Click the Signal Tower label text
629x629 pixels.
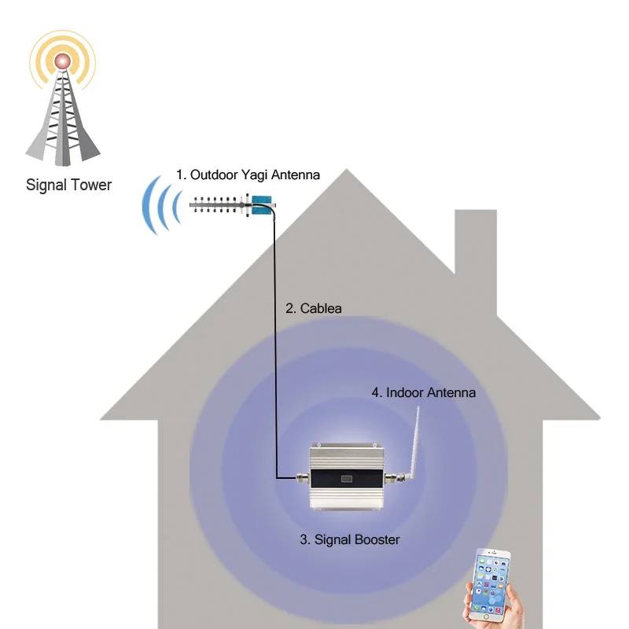pyautogui.click(x=69, y=186)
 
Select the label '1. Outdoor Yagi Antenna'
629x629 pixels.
pyautogui.click(x=248, y=175)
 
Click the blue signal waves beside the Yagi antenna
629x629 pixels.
pyautogui.click(x=160, y=206)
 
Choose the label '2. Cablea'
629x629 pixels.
pyautogui.click(x=314, y=308)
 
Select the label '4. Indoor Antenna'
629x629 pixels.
pyautogui.click(x=423, y=392)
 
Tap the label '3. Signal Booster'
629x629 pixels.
pyautogui.click(x=350, y=539)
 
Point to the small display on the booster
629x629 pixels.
pyautogui.click(x=347, y=478)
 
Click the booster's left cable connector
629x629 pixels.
pyautogui.click(x=301, y=476)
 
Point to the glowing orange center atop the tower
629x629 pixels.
pyautogui.click(x=62, y=62)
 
